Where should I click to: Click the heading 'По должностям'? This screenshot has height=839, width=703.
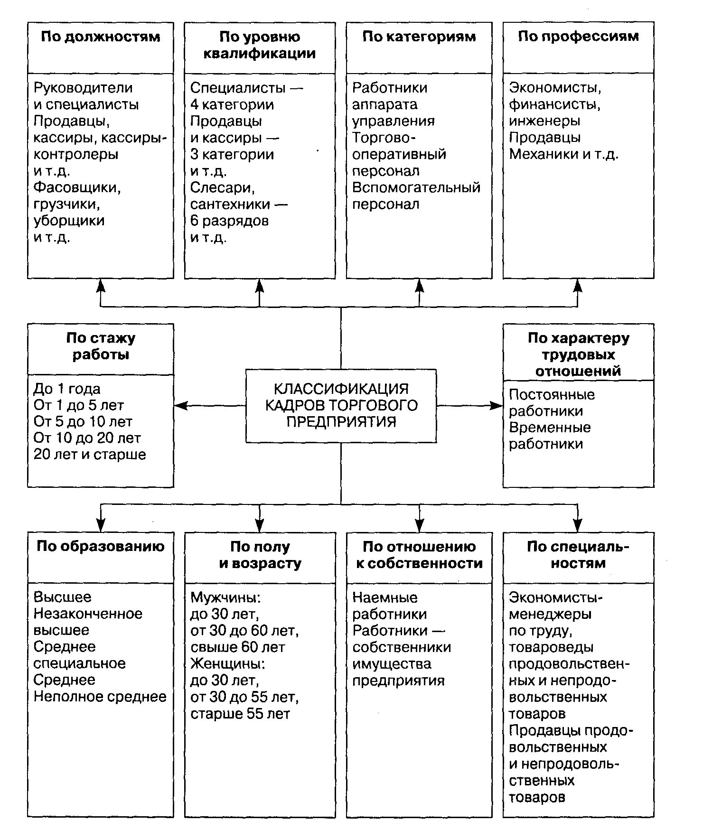pos(100,37)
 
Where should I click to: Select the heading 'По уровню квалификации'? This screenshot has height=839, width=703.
pos(260,45)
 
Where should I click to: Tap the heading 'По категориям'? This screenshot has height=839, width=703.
pos(419,37)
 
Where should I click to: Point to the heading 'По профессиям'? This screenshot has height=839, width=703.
pos(578,37)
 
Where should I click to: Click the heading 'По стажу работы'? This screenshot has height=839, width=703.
pos(100,346)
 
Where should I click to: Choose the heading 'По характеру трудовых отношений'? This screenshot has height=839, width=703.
pos(578,354)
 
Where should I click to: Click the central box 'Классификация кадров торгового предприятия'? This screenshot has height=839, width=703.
pos(341,406)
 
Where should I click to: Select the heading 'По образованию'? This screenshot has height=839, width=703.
pos(100,546)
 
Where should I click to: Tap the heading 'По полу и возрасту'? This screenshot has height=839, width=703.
pos(260,555)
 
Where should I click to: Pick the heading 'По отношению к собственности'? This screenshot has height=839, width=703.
pos(419,555)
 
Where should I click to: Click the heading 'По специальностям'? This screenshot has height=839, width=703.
pos(578,555)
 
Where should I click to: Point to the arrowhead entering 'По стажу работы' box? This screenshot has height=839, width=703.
pos(179,406)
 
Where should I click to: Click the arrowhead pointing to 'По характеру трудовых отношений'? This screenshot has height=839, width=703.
pos(497,406)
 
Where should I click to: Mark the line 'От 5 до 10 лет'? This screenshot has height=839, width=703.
pos(83,421)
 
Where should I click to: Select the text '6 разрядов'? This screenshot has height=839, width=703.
pos(229,221)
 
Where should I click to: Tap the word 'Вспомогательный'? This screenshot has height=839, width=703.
pos(416,187)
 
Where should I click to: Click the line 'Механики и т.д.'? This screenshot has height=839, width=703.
pos(563,154)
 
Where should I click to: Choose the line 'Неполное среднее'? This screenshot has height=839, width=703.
pos(100,697)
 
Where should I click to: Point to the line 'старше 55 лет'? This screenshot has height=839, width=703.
pos(240,714)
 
